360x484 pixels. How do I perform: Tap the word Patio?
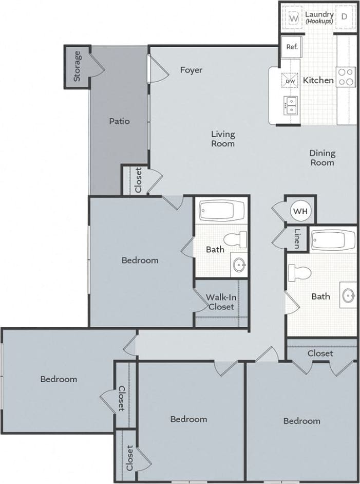[119, 121]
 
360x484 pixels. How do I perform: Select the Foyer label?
[191, 70]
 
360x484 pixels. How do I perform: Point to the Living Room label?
[223, 139]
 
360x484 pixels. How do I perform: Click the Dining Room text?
[322, 157]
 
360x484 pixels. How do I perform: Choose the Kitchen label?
[318, 80]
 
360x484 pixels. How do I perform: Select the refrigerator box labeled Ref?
[292, 47]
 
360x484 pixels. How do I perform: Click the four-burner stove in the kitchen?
[346, 77]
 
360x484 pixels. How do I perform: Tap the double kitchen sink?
[290, 105]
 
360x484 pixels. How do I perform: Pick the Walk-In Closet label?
[221, 302]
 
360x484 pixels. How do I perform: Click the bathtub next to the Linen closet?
[333, 239]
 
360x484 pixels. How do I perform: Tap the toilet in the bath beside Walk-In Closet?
[238, 239]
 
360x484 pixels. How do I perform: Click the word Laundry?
[319, 14]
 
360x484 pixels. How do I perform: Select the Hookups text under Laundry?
[319, 22]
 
